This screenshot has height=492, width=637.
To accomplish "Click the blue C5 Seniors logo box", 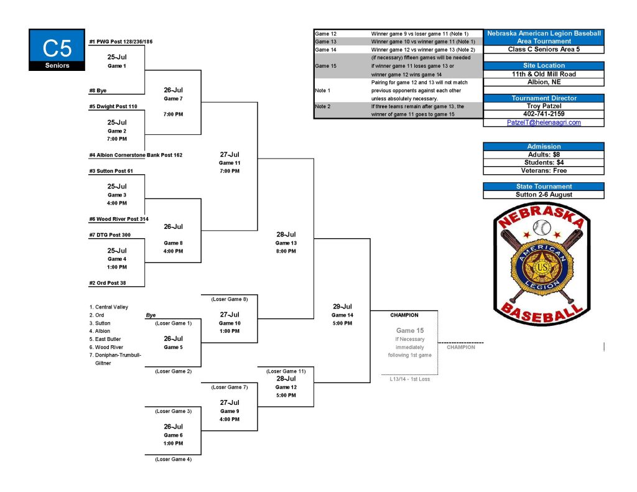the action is (x=57, y=50).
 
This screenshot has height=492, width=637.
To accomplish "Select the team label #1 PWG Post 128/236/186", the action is (x=121, y=42).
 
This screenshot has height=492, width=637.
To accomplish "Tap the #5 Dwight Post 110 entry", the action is (x=113, y=106).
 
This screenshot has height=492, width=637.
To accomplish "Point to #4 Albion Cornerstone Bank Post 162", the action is (x=136, y=155).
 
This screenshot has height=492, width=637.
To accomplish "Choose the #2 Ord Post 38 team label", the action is (x=108, y=283).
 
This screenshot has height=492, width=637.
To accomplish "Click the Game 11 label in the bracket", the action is (x=230, y=163).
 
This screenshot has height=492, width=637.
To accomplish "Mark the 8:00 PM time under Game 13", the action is (x=286, y=251).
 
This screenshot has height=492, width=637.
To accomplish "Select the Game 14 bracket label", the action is (x=343, y=315).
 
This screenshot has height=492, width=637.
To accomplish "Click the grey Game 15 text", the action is (x=410, y=331).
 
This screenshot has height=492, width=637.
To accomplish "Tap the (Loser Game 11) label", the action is (x=286, y=371).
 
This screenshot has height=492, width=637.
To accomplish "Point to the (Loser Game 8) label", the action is (x=230, y=299).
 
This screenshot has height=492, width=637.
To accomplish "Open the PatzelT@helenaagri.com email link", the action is (x=544, y=123).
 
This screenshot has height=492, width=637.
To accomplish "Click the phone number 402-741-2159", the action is (x=544, y=114).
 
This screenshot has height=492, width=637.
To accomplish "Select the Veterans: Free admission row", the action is (x=544, y=170).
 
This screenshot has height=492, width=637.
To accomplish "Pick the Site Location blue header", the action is (x=544, y=65).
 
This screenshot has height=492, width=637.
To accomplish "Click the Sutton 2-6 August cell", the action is (x=544, y=195).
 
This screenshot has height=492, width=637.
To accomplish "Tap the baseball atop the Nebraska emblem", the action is (x=542, y=228).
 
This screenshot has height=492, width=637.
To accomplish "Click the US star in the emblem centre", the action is (x=542, y=267).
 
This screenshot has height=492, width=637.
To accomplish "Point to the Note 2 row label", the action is (x=323, y=106).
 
